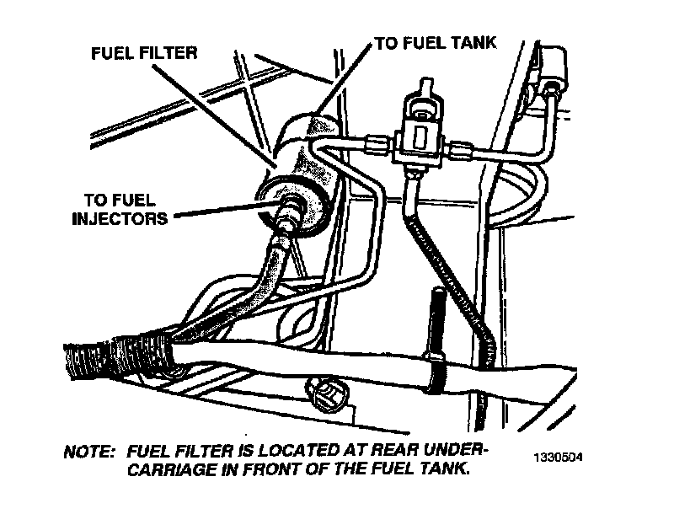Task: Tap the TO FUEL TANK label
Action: tap(435, 41)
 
